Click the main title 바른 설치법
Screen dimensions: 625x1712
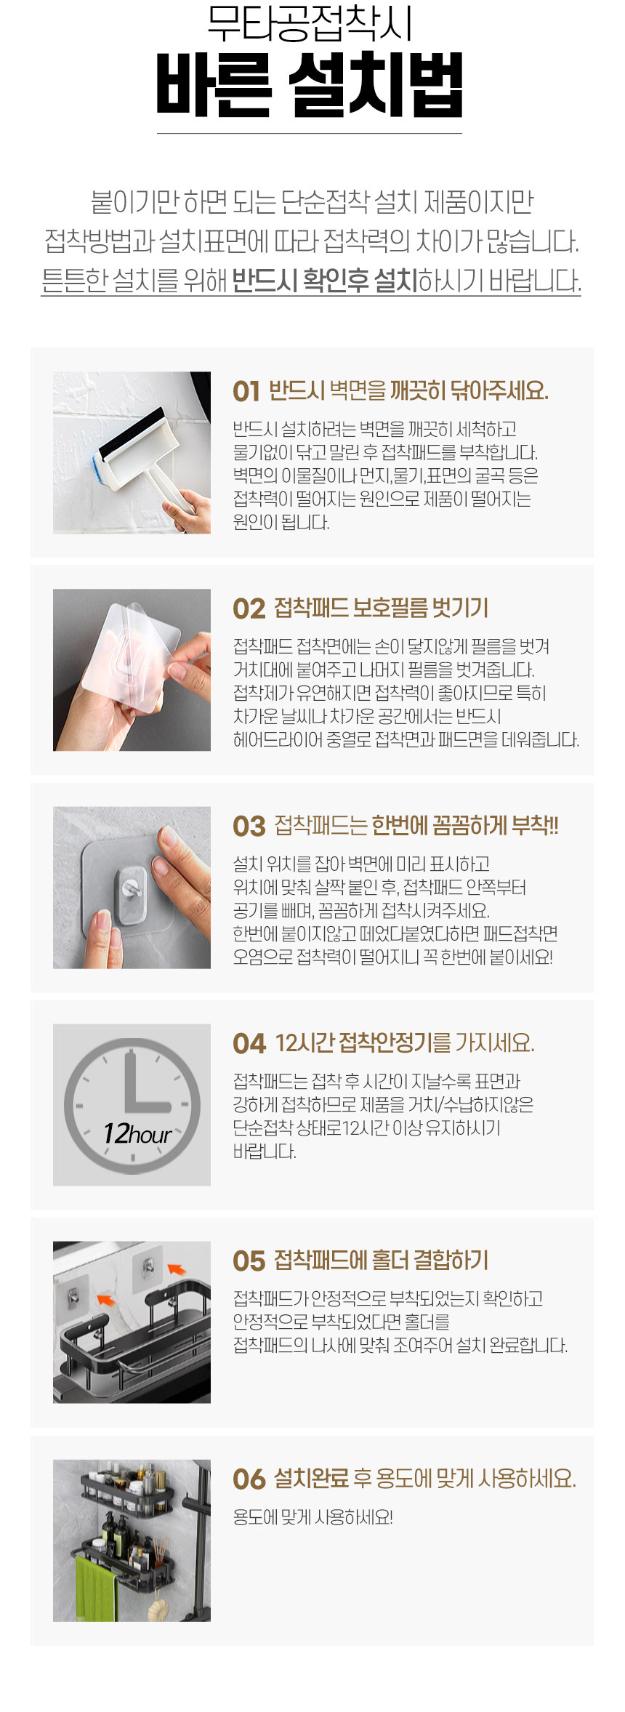coord(310,85)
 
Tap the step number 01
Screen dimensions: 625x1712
coord(246,392)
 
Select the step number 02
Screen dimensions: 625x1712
coord(249,609)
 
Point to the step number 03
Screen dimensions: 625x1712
coord(249,827)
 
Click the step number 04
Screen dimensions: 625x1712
coord(249,1044)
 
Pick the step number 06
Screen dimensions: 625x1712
coord(249,1479)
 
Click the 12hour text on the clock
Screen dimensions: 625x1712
coord(137,1134)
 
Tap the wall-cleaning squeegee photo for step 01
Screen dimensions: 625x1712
coord(132,452)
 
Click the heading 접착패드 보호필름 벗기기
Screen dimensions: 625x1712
coord(381,608)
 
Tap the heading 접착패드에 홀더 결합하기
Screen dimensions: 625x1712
coord(381,1261)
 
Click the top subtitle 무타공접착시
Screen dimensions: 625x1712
coord(310,24)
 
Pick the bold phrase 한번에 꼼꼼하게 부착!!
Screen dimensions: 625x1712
coord(465,826)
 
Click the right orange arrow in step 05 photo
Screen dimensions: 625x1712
coord(177,1269)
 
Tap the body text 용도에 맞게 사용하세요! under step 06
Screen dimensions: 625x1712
coord(312,1517)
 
